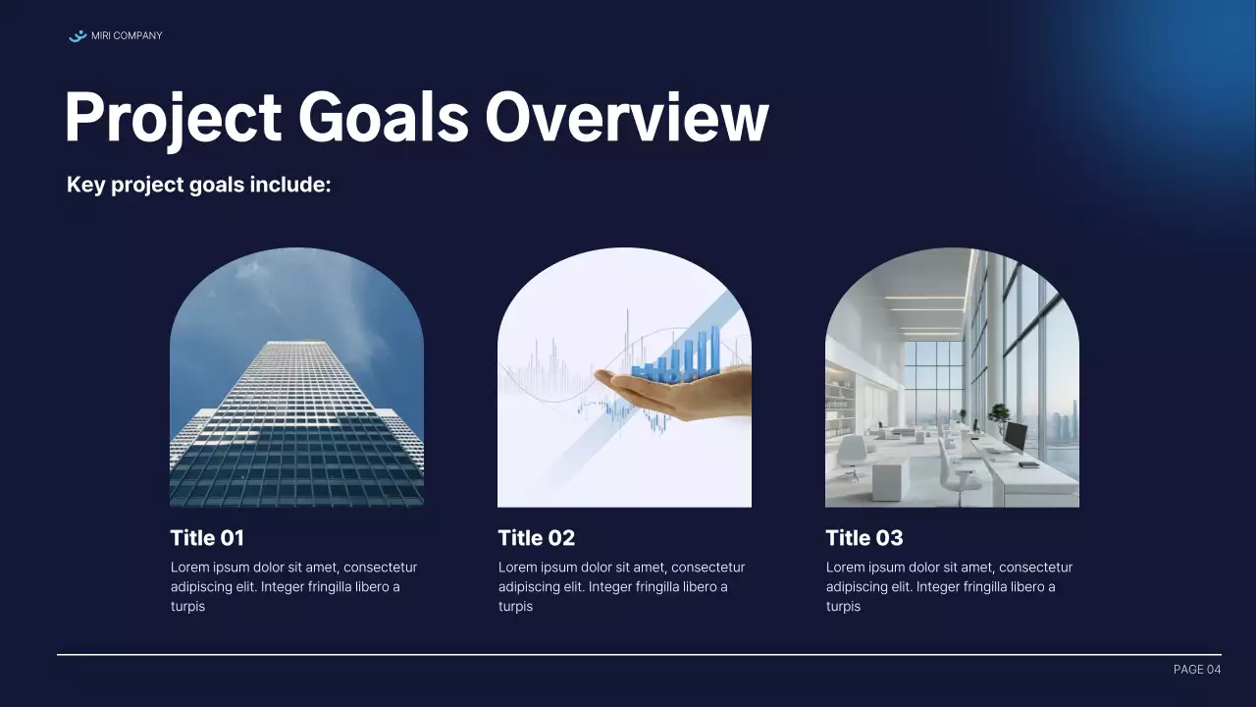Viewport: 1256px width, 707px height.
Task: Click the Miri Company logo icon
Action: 78,36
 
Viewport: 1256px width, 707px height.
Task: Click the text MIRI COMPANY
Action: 127,36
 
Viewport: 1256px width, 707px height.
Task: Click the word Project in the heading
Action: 173,118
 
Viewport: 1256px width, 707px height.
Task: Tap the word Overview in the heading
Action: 626,118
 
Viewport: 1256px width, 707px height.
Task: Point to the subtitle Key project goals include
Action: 198,185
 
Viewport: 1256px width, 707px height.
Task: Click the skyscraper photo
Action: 296,393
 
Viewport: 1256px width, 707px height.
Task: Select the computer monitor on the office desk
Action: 1015,436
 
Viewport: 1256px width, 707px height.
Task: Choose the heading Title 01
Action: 207,538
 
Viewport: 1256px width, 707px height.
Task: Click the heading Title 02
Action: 536,538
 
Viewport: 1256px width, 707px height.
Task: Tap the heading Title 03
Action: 863,538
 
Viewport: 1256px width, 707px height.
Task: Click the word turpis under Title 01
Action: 187,607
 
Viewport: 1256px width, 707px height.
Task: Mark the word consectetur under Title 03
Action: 1035,568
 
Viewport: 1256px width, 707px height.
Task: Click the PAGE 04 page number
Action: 1196,670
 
